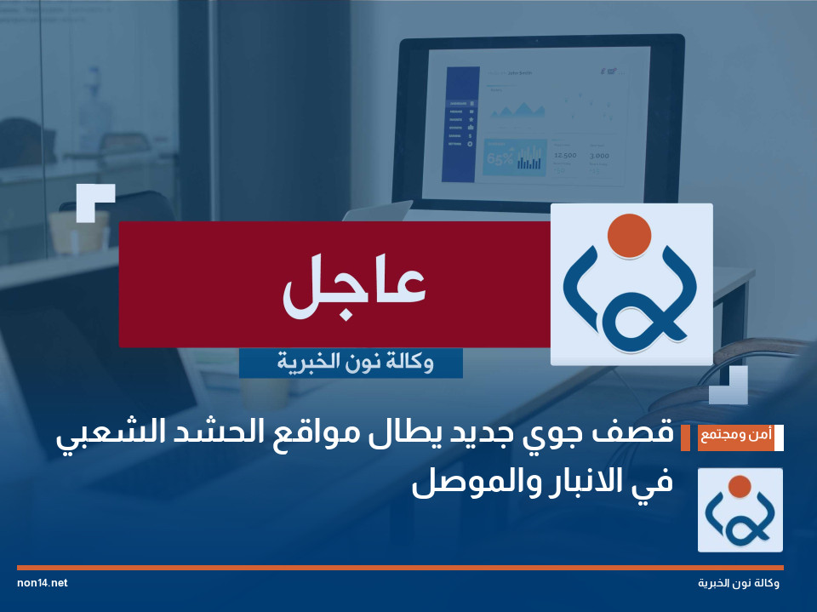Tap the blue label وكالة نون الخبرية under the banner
click(351, 363)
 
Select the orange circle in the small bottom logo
click(740, 486)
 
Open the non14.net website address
click(42, 583)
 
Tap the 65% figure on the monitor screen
click(500, 157)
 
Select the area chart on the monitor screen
click(517, 108)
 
